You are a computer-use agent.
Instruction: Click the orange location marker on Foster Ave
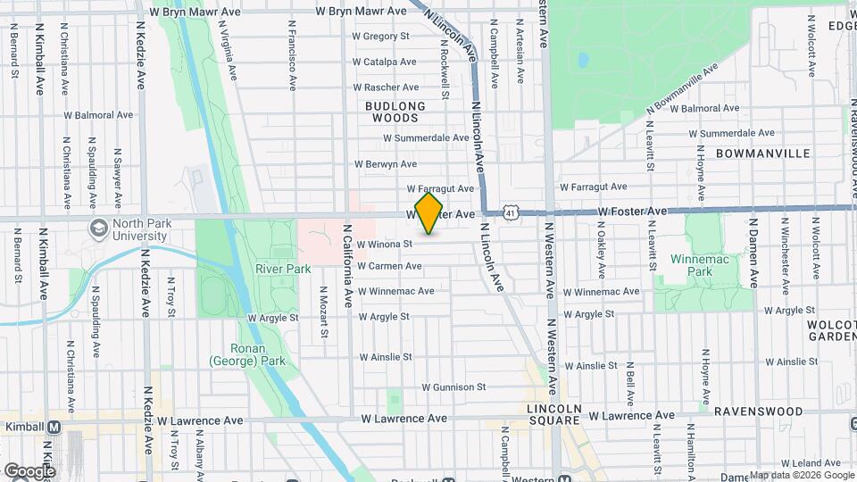click(x=429, y=212)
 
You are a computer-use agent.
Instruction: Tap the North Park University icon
click(x=96, y=229)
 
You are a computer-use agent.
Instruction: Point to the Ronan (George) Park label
click(x=246, y=355)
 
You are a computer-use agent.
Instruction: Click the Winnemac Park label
click(x=693, y=264)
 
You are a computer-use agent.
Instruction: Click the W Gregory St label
click(x=380, y=37)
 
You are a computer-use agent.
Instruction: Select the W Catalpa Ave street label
click(x=385, y=62)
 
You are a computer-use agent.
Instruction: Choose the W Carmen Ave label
click(x=389, y=266)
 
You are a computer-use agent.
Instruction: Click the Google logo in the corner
click(x=29, y=470)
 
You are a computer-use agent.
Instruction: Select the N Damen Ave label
click(x=753, y=253)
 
